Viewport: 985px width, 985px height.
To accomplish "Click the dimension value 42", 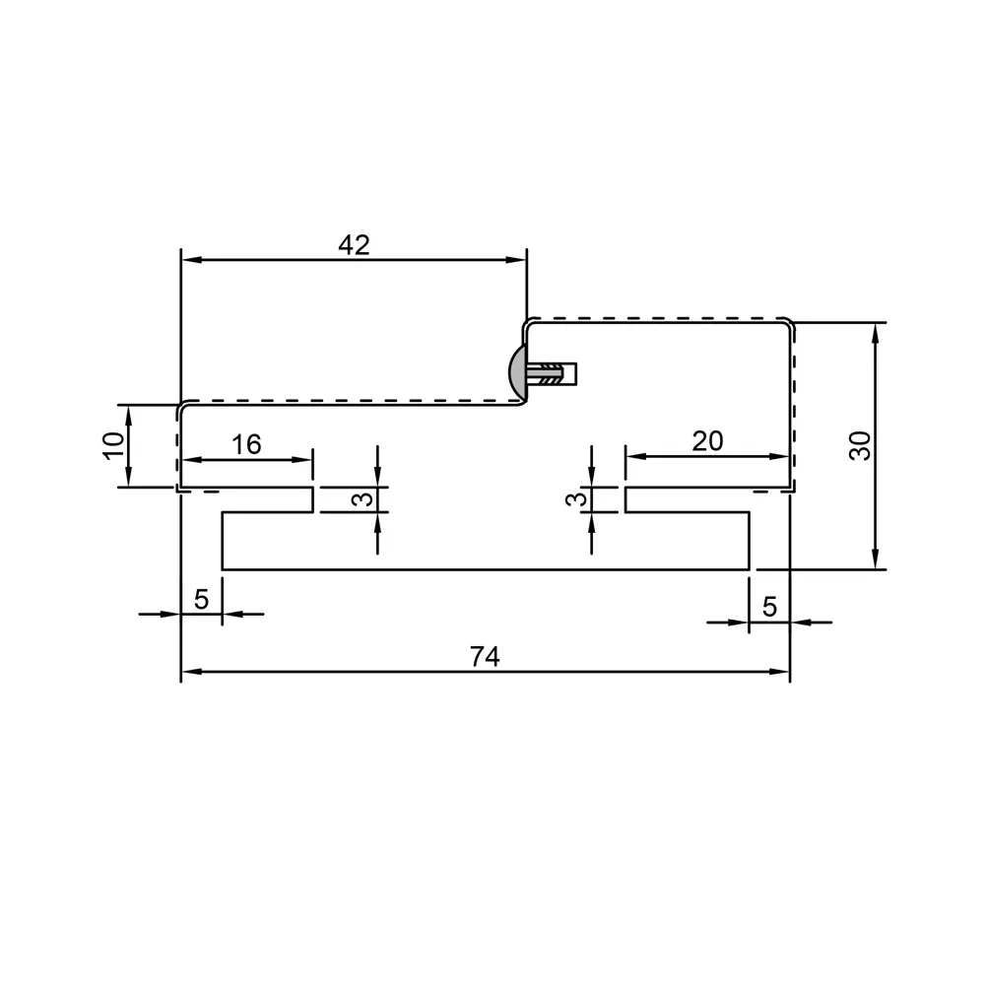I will click(354, 245).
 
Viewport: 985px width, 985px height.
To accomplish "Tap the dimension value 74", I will click(485, 657).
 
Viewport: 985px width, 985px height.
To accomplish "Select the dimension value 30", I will click(861, 445).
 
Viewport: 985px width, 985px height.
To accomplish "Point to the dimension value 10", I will click(115, 445).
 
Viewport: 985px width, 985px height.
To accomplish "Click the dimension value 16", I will click(246, 444).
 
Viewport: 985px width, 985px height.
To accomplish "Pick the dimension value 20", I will click(707, 441).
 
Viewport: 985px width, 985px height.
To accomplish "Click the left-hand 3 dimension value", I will click(363, 499).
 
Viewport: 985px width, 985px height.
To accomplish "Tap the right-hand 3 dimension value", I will click(578, 499).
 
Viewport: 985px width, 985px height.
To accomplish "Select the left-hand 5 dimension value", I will click(201, 599).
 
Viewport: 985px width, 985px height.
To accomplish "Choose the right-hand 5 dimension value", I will click(769, 607).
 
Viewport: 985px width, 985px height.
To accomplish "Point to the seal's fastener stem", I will click(554, 374).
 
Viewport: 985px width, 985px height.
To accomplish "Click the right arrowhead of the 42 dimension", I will click(519, 260).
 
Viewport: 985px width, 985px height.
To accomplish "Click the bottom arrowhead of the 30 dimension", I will click(875, 561).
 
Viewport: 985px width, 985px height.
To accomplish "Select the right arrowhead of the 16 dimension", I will click(305, 459).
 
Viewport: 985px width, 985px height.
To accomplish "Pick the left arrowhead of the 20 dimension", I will click(633, 456).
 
